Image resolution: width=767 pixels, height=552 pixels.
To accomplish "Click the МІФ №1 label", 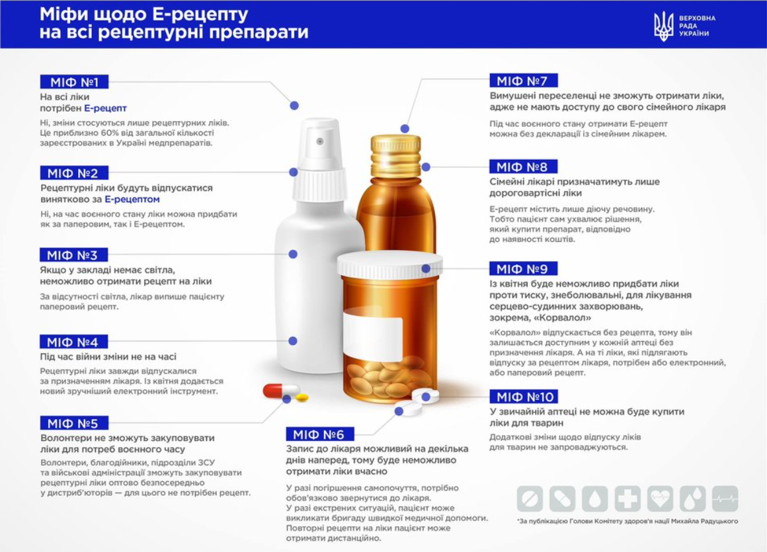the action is [x=74, y=82].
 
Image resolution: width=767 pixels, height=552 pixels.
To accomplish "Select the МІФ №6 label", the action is [x=320, y=434].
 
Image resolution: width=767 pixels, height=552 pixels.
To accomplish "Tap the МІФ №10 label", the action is [x=524, y=397].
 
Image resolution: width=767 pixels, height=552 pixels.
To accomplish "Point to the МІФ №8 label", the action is [x=524, y=167].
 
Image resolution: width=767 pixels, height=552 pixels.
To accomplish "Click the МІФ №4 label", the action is [x=73, y=342].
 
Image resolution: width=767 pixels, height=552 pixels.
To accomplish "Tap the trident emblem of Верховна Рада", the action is [x=664, y=26].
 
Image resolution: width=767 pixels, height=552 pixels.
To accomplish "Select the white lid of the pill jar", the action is [x=389, y=264].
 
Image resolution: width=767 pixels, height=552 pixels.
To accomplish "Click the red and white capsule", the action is [x=281, y=390].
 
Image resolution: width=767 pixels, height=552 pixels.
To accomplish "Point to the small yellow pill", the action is [x=302, y=397].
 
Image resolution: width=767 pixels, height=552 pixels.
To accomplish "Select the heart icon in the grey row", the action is [x=660, y=498].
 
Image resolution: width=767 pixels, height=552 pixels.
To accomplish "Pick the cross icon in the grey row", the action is [x=627, y=498].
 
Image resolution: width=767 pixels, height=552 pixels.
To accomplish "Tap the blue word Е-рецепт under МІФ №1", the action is [x=105, y=108].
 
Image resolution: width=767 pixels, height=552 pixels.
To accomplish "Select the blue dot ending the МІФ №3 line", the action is [x=293, y=255].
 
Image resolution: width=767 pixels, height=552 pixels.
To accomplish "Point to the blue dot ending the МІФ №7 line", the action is [x=405, y=129].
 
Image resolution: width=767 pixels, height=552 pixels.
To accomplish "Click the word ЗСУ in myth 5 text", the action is [x=206, y=463].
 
